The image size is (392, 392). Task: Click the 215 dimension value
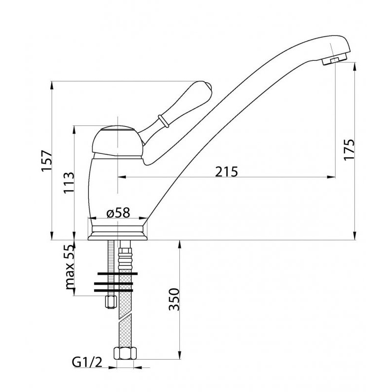point(226,172)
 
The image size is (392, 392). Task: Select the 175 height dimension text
point(349,149)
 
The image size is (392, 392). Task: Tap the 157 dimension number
point(47,161)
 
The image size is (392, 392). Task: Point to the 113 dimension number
point(69,183)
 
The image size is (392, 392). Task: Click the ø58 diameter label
point(119,213)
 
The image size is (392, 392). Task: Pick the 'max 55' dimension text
point(70,267)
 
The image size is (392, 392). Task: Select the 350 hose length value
point(174,299)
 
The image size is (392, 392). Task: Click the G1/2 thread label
point(87,363)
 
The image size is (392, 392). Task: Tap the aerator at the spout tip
point(334,59)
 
